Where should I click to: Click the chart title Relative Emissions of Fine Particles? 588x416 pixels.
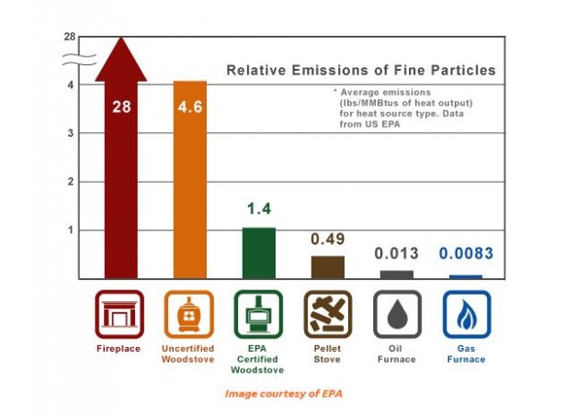click(x=361, y=70)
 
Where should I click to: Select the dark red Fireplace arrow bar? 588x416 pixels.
click(x=121, y=184)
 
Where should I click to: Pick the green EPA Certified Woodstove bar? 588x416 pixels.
click(x=258, y=253)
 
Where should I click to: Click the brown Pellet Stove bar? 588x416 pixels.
click(x=327, y=266)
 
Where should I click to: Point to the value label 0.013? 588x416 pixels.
click(x=397, y=253)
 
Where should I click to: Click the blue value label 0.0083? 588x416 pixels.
click(x=466, y=253)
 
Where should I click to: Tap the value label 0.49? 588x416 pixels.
click(x=327, y=239)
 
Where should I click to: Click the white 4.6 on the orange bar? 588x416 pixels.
click(x=190, y=107)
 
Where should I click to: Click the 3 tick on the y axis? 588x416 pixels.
click(x=71, y=133)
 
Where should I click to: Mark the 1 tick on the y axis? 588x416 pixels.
click(x=71, y=230)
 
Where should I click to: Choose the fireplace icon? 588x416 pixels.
click(x=121, y=314)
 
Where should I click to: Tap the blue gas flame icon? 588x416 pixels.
click(x=466, y=314)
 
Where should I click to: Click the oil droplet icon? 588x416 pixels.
click(x=397, y=314)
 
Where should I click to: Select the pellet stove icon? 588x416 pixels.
click(x=328, y=314)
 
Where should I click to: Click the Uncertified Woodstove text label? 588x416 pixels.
click(x=190, y=354)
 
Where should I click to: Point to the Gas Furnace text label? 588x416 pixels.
click(x=466, y=354)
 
